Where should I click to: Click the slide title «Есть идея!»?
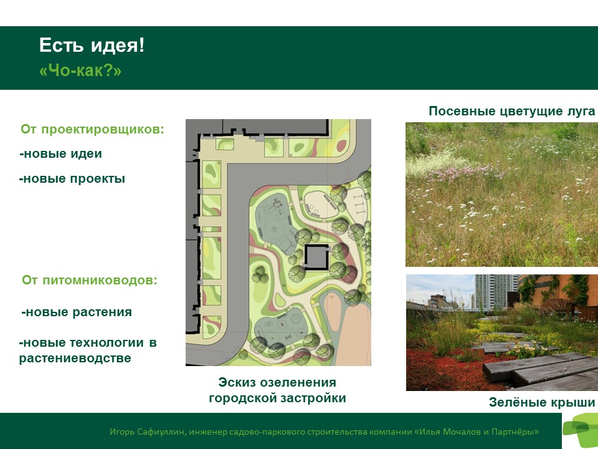click(x=92, y=46)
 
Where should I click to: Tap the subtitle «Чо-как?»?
click(x=80, y=70)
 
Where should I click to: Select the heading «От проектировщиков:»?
click(x=92, y=130)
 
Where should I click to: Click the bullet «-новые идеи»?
click(x=60, y=154)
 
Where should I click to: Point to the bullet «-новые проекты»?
click(x=72, y=179)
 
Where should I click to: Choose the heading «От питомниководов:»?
click(x=90, y=280)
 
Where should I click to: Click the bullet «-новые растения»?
click(x=77, y=312)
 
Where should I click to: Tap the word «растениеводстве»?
click(x=75, y=359)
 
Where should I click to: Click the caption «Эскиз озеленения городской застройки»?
click(x=278, y=390)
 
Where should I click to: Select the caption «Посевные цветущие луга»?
click(x=512, y=111)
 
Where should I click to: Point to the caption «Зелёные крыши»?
click(x=542, y=402)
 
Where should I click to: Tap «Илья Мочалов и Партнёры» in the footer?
click(x=477, y=432)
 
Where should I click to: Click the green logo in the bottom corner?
click(x=581, y=430)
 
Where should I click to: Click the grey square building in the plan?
click(x=316, y=257)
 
